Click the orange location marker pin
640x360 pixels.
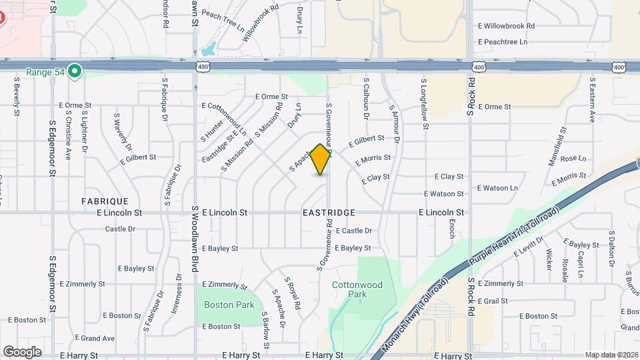coord(321,159)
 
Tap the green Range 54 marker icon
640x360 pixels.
coord(75,71)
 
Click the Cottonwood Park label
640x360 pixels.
coord(357,289)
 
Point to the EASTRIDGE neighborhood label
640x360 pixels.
coord(328,213)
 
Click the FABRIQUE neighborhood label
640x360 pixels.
coord(105,201)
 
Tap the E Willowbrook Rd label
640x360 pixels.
coord(507,26)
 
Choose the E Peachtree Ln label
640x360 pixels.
coord(503,42)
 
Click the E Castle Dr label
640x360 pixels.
coord(353,231)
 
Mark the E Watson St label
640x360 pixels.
coord(443,194)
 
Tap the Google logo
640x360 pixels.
coord(22,351)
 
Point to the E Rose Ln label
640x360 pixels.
coord(573,159)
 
